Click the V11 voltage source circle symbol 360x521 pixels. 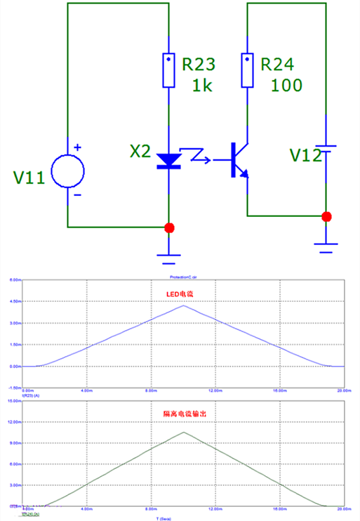68,171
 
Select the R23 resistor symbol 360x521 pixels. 169,70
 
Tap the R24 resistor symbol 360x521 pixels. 248,70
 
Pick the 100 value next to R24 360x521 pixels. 287,86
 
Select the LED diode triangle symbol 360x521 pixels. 169,161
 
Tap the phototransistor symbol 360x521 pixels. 239,160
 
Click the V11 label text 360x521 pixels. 29,178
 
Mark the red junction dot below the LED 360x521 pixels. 169,227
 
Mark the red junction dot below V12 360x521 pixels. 326,216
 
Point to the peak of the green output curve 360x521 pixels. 184,432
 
